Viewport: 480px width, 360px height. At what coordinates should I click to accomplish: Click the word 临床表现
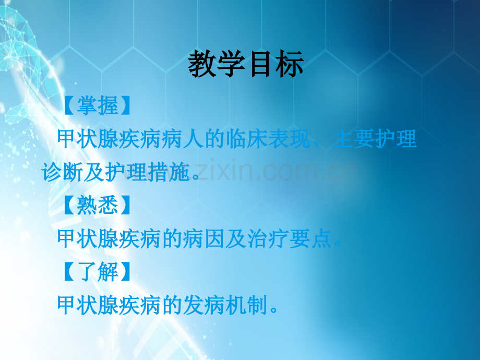269,139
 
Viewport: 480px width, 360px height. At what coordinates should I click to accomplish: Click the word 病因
206,239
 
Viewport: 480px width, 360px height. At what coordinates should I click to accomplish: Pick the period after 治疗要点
337,244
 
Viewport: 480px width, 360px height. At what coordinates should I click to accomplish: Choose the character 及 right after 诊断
95,173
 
